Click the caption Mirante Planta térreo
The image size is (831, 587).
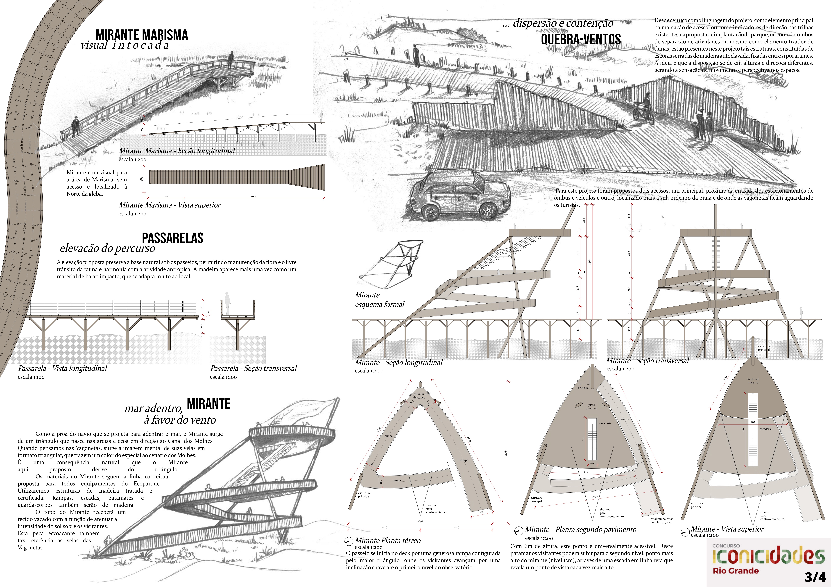click(388, 540)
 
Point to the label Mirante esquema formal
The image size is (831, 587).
click(379, 299)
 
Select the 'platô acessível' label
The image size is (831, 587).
click(591, 407)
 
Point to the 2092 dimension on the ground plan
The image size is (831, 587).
click(420, 521)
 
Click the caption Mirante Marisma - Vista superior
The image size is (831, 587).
click(169, 205)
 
